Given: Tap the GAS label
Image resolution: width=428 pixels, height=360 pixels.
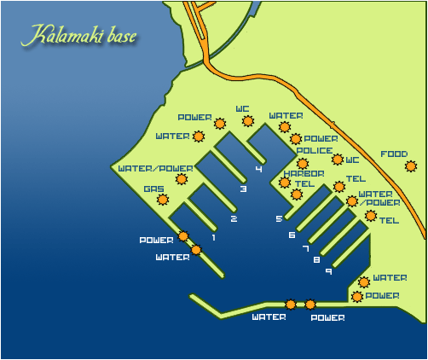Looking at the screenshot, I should (153, 189).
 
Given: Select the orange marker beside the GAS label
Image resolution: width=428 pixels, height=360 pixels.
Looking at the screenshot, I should (162, 200).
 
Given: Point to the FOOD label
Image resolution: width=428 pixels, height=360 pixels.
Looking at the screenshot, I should (393, 154).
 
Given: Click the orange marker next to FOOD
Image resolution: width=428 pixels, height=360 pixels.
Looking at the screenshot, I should (411, 166).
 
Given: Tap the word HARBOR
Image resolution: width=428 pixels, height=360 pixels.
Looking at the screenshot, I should (298, 173).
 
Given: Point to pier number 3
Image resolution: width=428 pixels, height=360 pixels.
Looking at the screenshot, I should (243, 189).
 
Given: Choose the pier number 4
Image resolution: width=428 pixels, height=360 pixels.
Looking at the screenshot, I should (258, 169).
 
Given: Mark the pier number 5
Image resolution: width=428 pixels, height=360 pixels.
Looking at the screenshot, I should (279, 219).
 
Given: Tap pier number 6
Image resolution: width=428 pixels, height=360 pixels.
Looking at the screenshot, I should (292, 235).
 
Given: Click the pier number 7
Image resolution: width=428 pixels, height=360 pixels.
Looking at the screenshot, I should (305, 248).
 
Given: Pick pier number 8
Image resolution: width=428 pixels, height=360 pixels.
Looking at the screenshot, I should (316, 259).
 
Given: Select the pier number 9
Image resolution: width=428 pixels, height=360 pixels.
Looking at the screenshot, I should (328, 271).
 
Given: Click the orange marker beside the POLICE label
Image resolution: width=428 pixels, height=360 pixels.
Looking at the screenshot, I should (302, 163).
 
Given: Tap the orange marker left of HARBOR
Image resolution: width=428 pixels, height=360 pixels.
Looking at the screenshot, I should (285, 182).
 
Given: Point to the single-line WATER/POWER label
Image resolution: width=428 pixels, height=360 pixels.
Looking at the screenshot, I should (144, 168).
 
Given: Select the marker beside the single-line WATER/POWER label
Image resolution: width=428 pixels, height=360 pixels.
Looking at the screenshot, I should (181, 179).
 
